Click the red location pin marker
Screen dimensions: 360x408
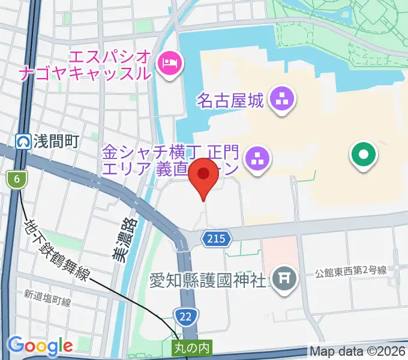click(204, 175)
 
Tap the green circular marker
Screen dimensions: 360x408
click(364, 155)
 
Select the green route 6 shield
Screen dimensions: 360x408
click(17, 179)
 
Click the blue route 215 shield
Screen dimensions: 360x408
click(216, 239)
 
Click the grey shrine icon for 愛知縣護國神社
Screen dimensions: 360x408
click(282, 277)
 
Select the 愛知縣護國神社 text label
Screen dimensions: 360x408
click(208, 280)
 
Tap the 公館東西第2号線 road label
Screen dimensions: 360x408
click(359, 272)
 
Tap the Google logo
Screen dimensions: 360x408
click(40, 346)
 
